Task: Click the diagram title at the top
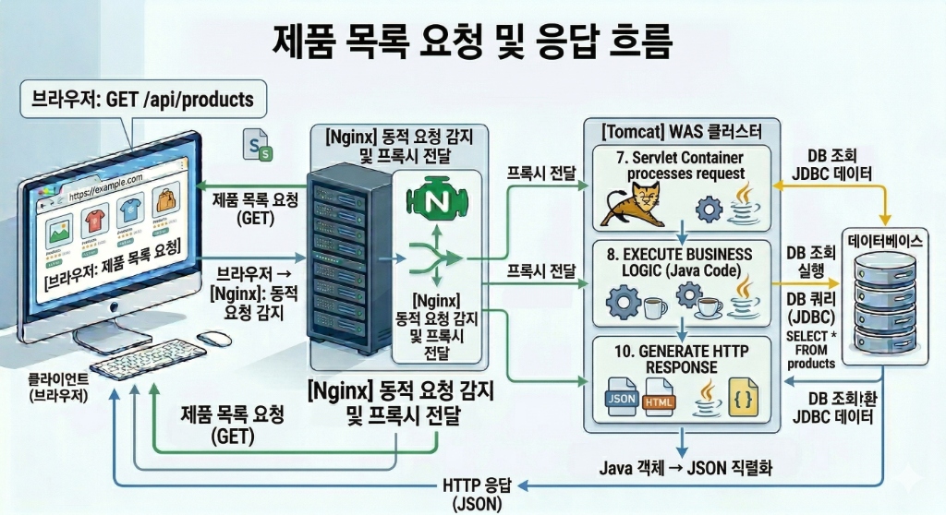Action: (x=473, y=39)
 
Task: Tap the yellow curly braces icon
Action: (x=743, y=398)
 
